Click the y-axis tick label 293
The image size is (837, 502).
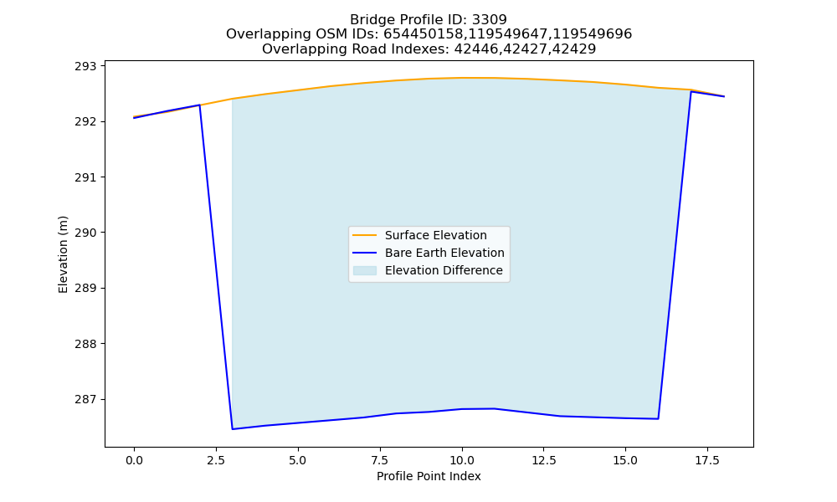(x=85, y=66)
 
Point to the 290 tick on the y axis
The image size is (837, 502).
(x=85, y=233)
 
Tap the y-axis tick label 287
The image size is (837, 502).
(x=85, y=399)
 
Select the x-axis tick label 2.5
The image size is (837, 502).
(x=216, y=460)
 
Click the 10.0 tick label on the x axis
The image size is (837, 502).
(x=462, y=460)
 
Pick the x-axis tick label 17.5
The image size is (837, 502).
(x=707, y=460)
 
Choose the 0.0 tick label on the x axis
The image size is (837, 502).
(x=134, y=460)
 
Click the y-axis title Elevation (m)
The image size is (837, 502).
(x=64, y=254)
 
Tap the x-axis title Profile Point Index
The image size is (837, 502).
(x=429, y=476)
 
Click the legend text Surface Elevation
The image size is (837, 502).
(x=435, y=235)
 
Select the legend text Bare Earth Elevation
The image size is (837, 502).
(x=444, y=253)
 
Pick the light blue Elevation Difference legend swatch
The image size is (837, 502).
(x=365, y=270)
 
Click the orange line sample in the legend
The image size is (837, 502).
(x=365, y=235)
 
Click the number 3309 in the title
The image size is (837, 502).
(x=490, y=20)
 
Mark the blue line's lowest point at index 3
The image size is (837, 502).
(x=232, y=429)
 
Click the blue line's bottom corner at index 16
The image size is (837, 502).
(x=658, y=419)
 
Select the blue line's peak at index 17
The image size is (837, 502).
(x=691, y=92)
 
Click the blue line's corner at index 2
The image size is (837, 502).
(x=200, y=105)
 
